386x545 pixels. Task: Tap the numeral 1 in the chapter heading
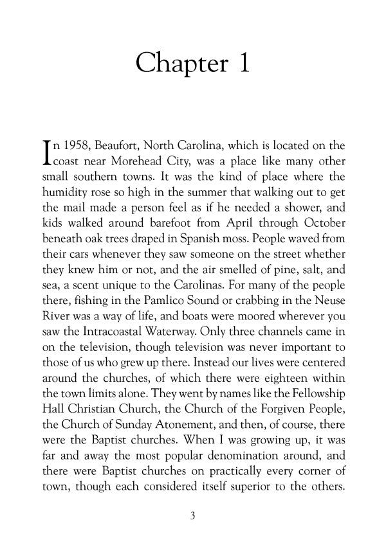[243, 64]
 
